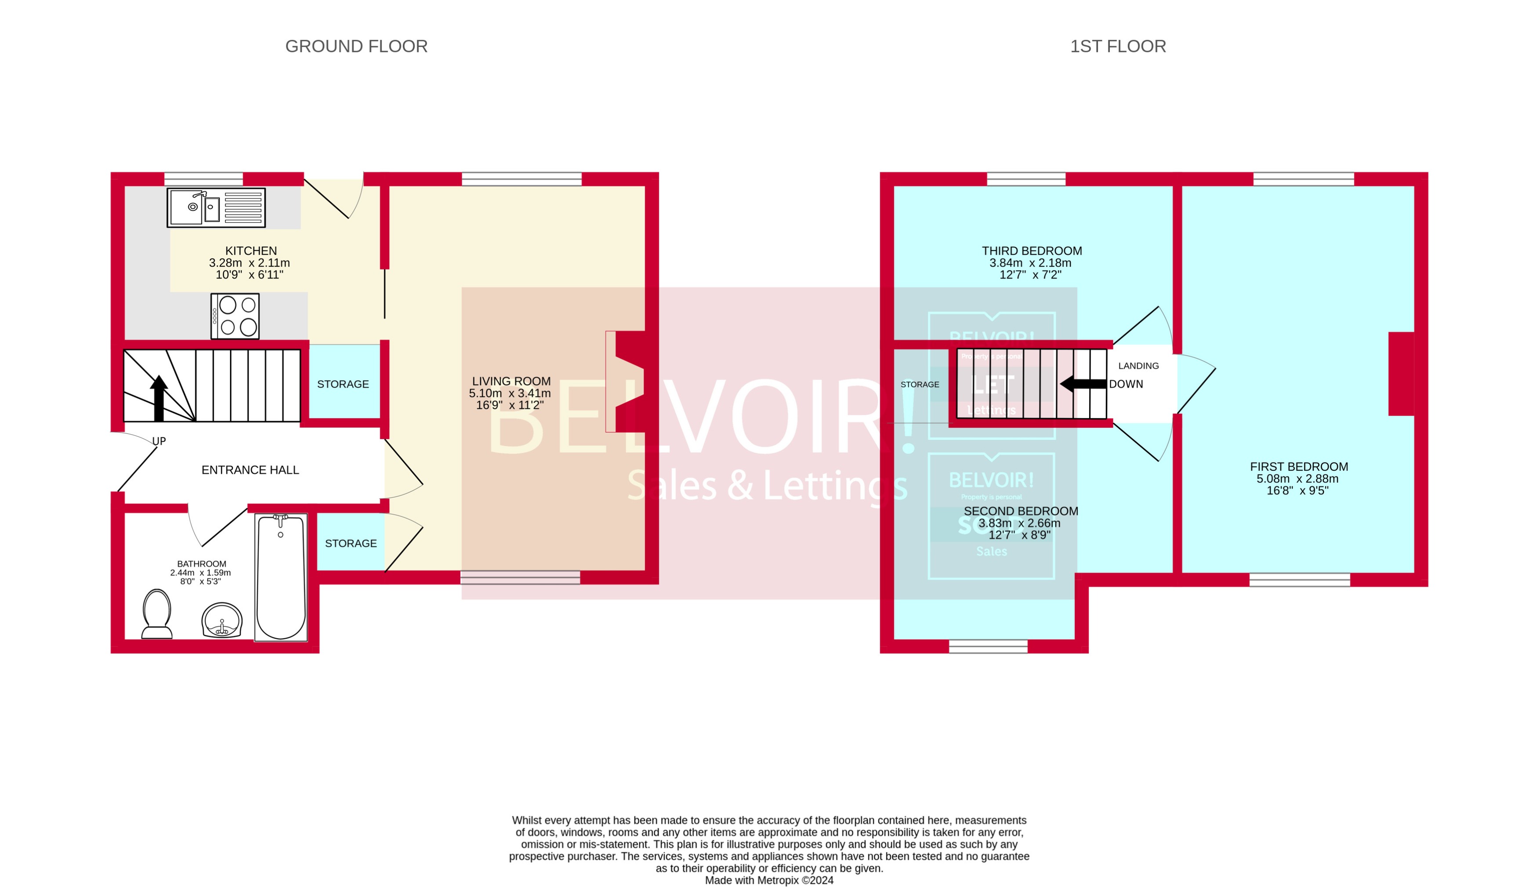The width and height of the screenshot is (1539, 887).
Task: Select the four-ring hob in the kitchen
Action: pyautogui.click(x=235, y=316)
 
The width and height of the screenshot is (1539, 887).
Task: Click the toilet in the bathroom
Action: pyautogui.click(x=157, y=614)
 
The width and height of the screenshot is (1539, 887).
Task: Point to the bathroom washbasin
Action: pyautogui.click(x=222, y=620)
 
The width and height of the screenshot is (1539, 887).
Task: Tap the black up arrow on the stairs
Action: pyautogui.click(x=158, y=398)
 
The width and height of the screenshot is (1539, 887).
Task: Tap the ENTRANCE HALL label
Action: pyautogui.click(x=250, y=470)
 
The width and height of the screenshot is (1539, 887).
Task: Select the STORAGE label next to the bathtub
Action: pyautogui.click(x=350, y=543)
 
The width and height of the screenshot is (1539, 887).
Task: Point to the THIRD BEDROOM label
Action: pyautogui.click(x=1032, y=251)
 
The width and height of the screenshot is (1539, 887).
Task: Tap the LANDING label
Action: pyautogui.click(x=1138, y=366)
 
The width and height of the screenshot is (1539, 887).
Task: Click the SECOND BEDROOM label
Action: pyautogui.click(x=1021, y=511)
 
